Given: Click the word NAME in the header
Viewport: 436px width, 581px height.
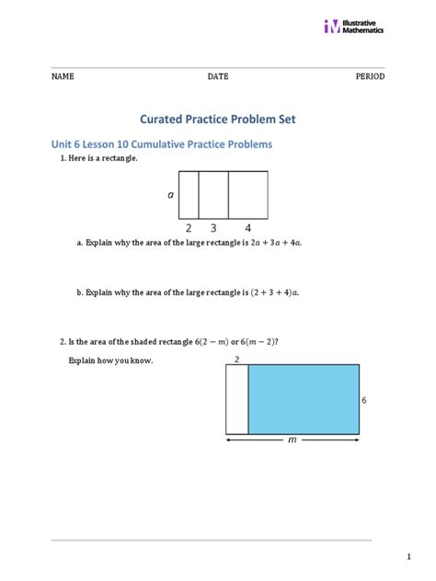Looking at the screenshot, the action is point(63,76).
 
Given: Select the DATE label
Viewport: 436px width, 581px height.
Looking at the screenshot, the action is point(217,76).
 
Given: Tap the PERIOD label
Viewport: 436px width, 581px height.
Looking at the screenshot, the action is point(370,76).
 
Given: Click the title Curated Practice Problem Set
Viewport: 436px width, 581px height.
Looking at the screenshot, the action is point(217,120).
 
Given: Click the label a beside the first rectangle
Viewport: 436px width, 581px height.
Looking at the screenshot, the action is point(170,195).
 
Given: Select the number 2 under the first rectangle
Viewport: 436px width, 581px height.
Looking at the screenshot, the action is point(188,227).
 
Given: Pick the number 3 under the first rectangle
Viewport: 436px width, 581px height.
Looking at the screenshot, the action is point(212,227).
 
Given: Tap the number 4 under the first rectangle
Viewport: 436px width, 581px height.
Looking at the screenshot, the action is point(247,227).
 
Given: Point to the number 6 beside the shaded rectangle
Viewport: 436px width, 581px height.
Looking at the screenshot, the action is point(364,401).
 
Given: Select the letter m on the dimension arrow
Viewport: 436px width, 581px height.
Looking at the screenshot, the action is point(293,440).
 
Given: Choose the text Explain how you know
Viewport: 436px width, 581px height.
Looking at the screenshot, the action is point(110,360).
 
